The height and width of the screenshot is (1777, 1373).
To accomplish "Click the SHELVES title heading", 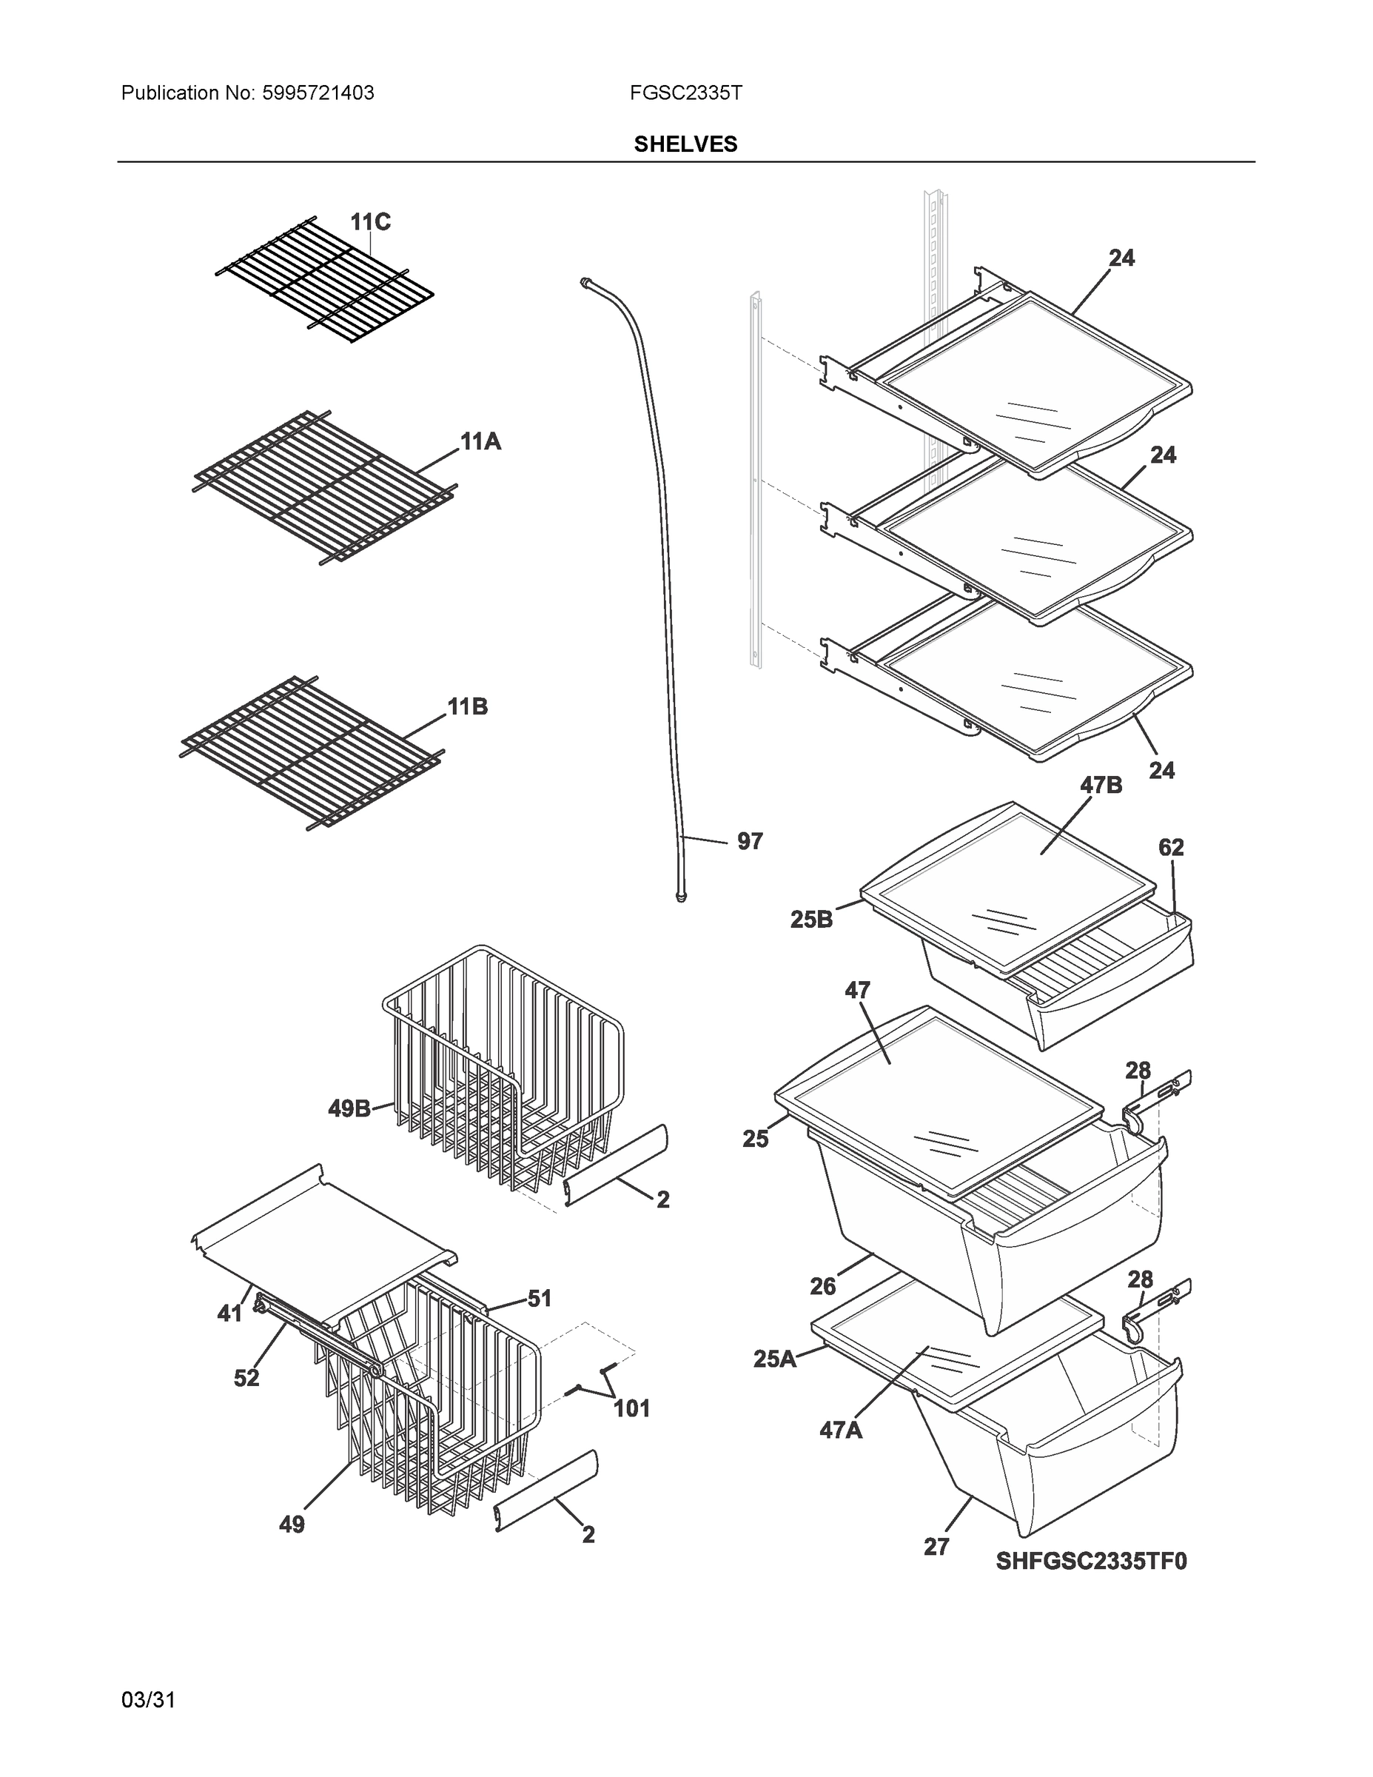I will (x=685, y=144).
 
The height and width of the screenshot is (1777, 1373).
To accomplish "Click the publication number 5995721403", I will (x=318, y=93).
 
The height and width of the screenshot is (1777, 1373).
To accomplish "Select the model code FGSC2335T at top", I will (x=685, y=93).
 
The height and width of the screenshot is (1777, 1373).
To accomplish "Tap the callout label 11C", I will (x=370, y=222).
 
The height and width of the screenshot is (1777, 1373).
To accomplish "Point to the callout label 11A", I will (x=480, y=442).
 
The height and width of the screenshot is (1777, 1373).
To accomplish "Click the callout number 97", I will (x=749, y=841).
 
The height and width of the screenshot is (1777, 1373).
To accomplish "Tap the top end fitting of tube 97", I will (x=584, y=281).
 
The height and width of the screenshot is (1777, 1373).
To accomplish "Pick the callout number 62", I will (x=1170, y=847).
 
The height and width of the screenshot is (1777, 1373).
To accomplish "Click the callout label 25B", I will (x=811, y=920).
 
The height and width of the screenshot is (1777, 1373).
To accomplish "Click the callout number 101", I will (x=631, y=1408).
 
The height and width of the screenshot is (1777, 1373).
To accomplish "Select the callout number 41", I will (x=229, y=1313).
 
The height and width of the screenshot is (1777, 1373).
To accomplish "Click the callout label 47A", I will (x=840, y=1430).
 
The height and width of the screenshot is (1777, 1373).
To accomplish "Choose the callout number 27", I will (x=936, y=1546).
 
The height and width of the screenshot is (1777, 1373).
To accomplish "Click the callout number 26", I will (x=822, y=1286).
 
